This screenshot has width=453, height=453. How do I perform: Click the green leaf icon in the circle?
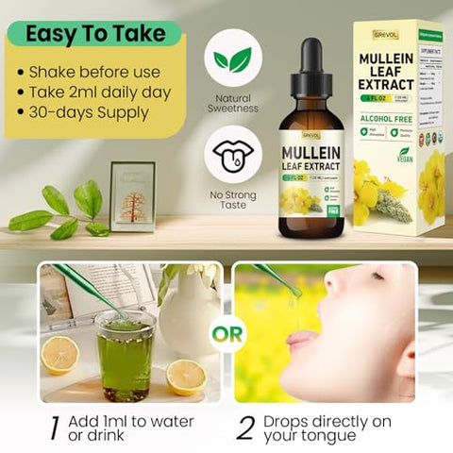click(232, 59)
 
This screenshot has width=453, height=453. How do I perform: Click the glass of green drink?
click(125, 355)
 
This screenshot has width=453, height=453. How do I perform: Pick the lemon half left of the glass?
click(59, 355)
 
